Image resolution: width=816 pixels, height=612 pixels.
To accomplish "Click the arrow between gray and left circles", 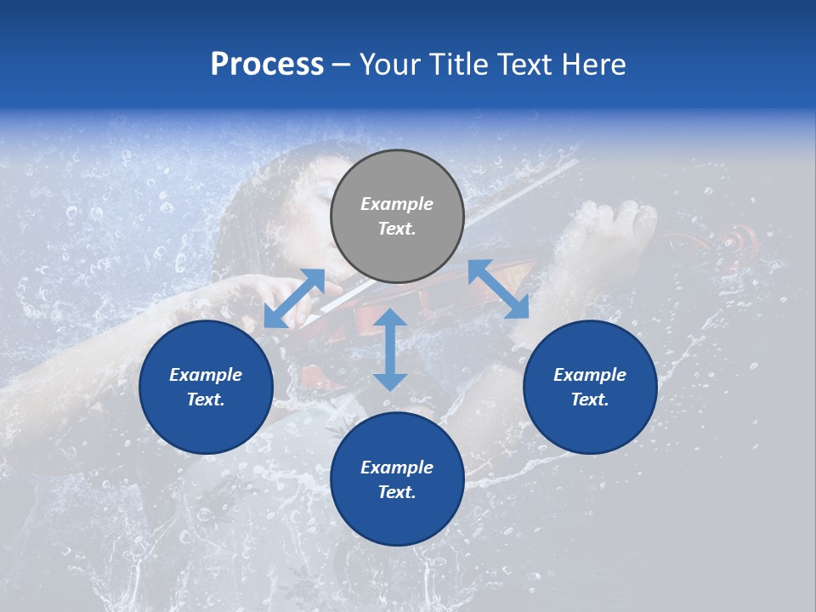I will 294,298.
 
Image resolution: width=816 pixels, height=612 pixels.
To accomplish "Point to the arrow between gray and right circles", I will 498,289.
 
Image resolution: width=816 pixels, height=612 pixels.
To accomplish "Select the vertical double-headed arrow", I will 390,349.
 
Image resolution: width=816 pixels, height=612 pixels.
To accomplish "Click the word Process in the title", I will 267,65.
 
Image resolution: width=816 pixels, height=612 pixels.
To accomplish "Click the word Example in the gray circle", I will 397,204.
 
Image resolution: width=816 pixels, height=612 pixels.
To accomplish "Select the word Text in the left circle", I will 206,399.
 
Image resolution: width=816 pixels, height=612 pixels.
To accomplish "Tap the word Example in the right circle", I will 590,375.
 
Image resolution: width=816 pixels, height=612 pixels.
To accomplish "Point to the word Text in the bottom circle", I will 397,492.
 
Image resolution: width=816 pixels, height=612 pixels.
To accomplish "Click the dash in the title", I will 342,65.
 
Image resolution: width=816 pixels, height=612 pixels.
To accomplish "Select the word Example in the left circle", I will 206,375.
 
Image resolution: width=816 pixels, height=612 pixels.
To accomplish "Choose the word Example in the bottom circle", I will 397,467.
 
